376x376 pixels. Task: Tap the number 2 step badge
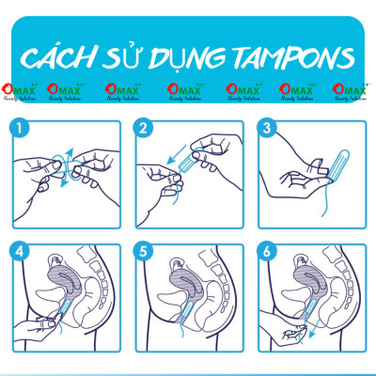(x=144, y=127)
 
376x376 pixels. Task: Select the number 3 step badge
(x=268, y=127)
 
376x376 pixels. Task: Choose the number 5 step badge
(x=144, y=252)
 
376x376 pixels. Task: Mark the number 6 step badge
(x=268, y=252)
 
